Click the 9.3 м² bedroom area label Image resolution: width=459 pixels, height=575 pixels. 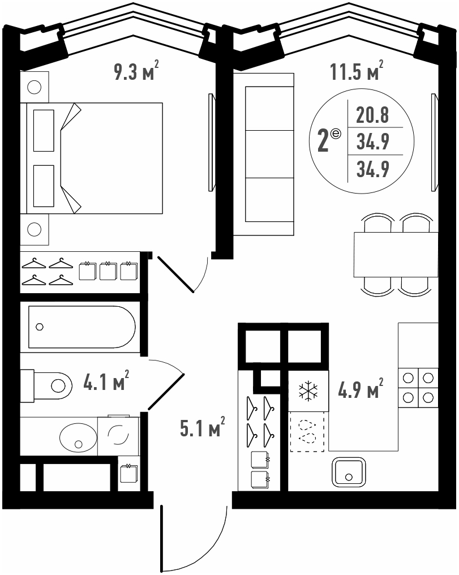point(136,71)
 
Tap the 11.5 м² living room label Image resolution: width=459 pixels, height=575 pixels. point(357,71)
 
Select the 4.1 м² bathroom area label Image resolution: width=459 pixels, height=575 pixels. point(106,382)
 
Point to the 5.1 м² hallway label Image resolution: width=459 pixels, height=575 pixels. point(203,428)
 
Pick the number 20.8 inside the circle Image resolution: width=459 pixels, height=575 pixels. point(372,115)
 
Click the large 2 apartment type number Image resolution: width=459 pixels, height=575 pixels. point(323,141)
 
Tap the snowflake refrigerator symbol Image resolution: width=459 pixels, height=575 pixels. point(308,391)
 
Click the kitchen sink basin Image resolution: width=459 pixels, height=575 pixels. point(349,473)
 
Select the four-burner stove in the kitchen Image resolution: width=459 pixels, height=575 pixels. point(418,388)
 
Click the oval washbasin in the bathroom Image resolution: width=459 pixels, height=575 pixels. point(79,437)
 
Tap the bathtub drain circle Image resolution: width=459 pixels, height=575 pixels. point(40,327)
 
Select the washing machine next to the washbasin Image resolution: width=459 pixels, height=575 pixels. point(118,436)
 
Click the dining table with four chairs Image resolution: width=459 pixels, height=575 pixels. point(396,255)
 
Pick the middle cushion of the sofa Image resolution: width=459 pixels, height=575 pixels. point(269,154)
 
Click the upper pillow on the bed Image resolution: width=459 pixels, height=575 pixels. point(44,131)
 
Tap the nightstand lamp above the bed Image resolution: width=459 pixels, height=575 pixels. point(35,87)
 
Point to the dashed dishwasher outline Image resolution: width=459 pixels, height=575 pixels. point(307,431)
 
